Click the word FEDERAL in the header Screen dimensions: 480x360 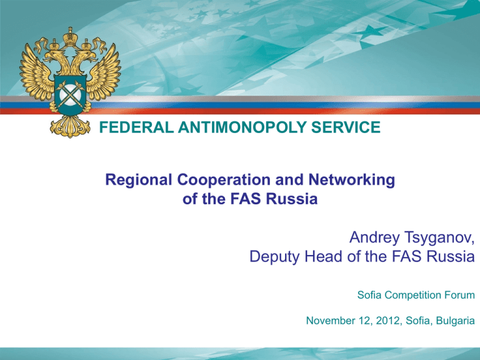coord(136,127)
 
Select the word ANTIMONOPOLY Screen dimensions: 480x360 coord(242,127)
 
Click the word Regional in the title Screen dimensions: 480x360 coord(139,180)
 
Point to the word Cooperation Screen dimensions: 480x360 coord(224,180)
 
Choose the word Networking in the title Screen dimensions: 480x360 coord(352,180)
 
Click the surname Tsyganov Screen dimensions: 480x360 coord(439,237)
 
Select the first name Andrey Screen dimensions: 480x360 coord(375,237)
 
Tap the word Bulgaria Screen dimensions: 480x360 coord(456,321)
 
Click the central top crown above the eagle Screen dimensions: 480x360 coord(71,37)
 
